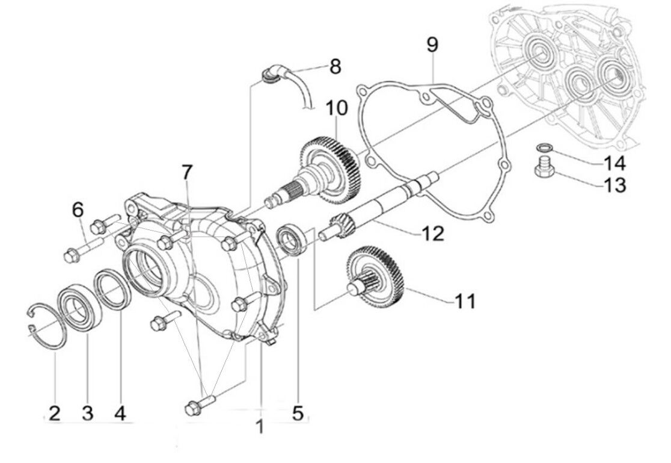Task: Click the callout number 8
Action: click(x=335, y=66)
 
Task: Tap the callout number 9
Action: click(x=433, y=45)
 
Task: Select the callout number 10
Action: click(x=337, y=109)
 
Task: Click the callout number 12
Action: click(x=432, y=232)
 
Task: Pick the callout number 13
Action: click(x=614, y=184)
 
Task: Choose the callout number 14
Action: click(x=614, y=163)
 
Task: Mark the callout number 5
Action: click(x=298, y=413)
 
